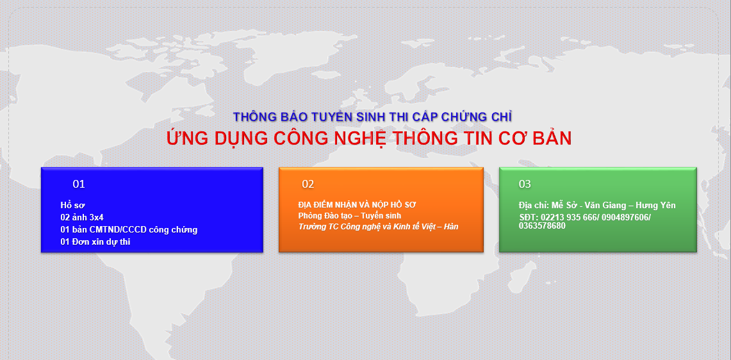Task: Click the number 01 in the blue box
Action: [x=79, y=184]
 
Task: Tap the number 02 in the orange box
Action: [x=308, y=184]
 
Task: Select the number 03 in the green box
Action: [x=525, y=184]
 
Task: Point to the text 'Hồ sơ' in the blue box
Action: [x=73, y=205]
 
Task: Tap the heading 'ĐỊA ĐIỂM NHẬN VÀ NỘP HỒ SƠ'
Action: [x=357, y=205]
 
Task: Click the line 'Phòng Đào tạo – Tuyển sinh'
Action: [x=350, y=215]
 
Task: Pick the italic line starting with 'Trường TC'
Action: [x=379, y=227]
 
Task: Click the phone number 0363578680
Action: [x=542, y=225]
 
